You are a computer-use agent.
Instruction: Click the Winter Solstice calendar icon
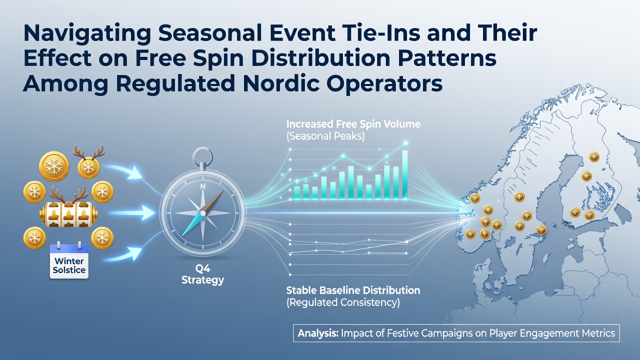click(69, 261)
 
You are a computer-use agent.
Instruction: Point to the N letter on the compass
click(202, 186)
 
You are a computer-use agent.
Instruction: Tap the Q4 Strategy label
click(202, 274)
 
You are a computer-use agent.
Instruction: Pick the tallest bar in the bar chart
click(404, 174)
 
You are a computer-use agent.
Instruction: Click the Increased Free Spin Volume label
click(353, 124)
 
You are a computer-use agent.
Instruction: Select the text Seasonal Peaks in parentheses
click(325, 136)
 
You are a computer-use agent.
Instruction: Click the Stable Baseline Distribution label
click(353, 290)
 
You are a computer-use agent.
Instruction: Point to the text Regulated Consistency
click(343, 302)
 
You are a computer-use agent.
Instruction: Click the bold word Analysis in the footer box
click(318, 333)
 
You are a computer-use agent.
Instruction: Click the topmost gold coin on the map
click(594, 157)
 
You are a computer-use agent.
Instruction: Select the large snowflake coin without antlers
click(54, 166)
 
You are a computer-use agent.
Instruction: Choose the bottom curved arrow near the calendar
click(123, 255)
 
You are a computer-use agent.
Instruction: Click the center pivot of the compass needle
click(202, 213)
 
